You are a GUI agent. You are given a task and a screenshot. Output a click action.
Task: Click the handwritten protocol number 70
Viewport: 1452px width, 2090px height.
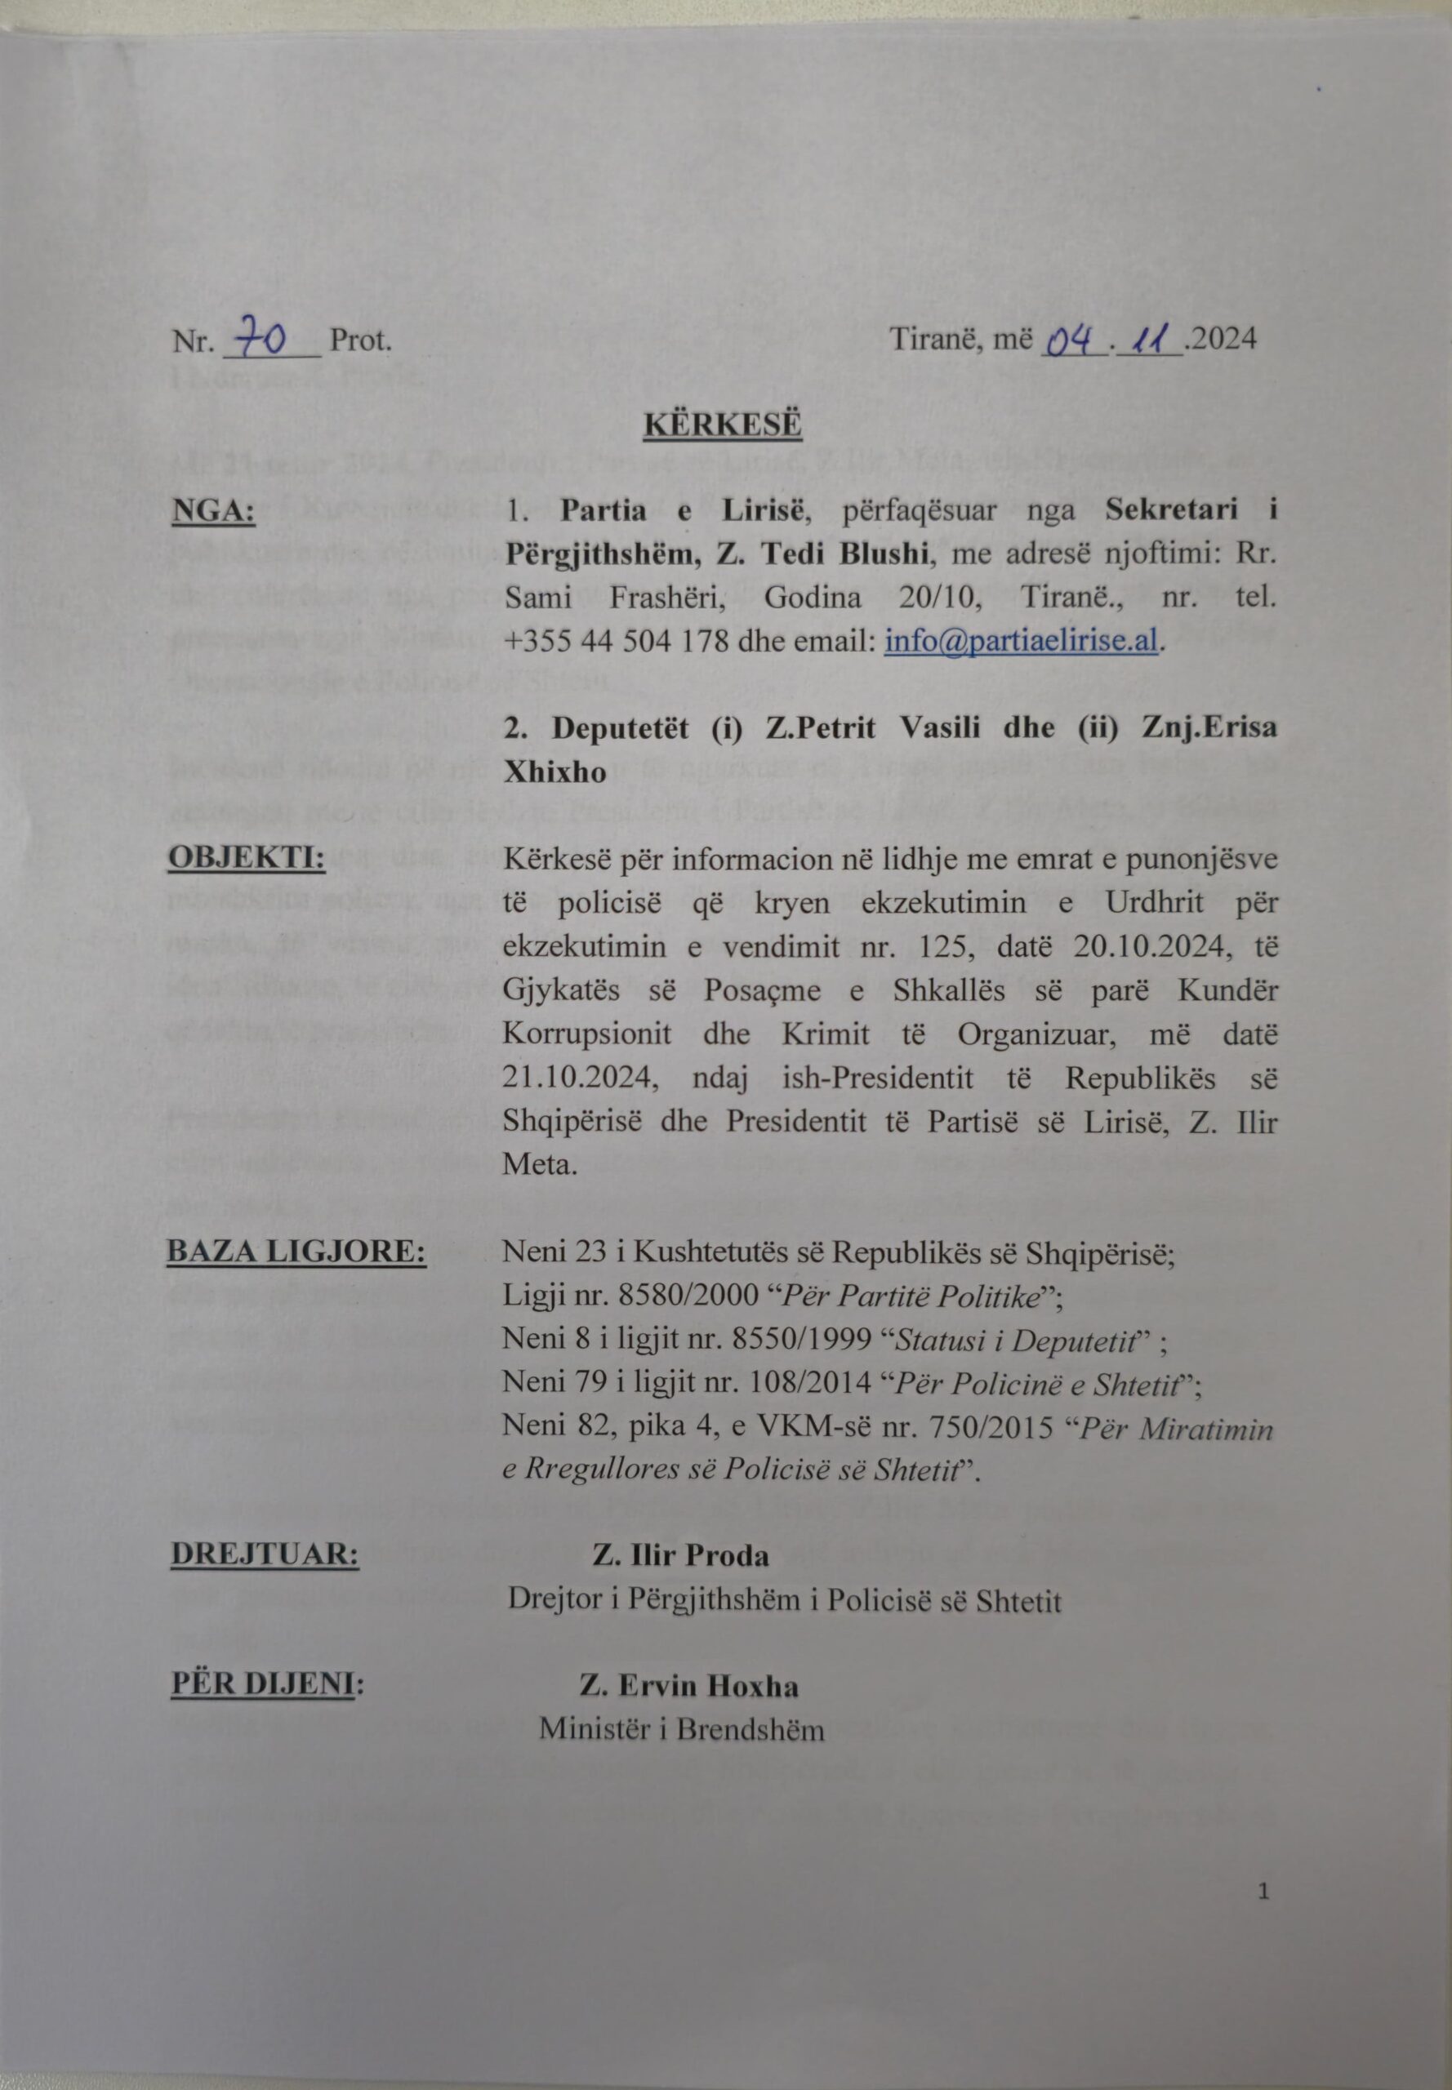tap(261, 340)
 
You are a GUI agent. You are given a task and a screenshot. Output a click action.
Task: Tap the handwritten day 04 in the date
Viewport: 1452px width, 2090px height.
tap(1071, 341)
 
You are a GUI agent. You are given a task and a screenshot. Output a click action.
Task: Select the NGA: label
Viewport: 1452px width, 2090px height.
tap(213, 512)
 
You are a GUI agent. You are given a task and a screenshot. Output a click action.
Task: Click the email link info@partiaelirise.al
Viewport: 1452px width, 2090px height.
tap(1022, 641)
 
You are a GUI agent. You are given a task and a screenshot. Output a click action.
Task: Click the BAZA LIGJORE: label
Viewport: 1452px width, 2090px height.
tap(296, 1252)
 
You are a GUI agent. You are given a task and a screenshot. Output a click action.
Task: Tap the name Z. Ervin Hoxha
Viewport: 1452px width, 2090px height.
tap(689, 1686)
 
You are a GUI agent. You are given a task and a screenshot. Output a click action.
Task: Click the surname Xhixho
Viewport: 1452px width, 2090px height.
tap(555, 772)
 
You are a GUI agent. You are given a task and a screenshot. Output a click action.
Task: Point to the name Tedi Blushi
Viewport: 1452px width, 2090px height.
tap(852, 554)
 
